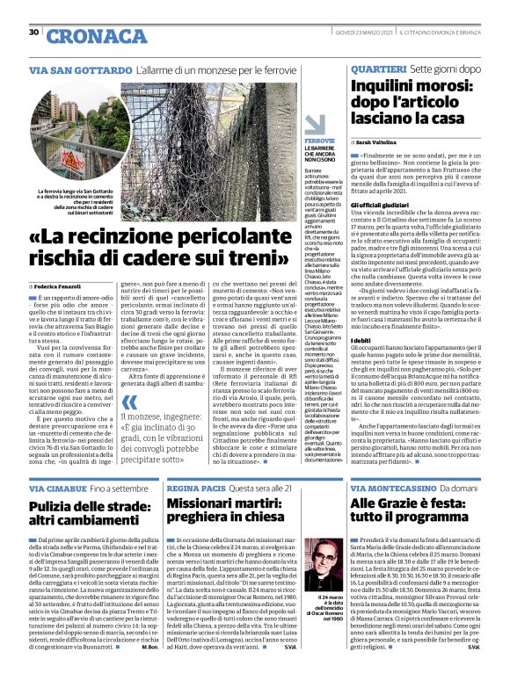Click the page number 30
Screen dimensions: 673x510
click(33, 33)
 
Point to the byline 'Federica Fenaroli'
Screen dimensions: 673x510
click(61, 286)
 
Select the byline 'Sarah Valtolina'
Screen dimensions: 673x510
click(382, 141)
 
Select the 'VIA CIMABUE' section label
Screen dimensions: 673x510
click(56, 488)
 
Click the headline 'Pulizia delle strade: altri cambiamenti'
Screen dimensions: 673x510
click(92, 516)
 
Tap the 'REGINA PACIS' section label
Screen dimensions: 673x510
click(194, 488)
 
